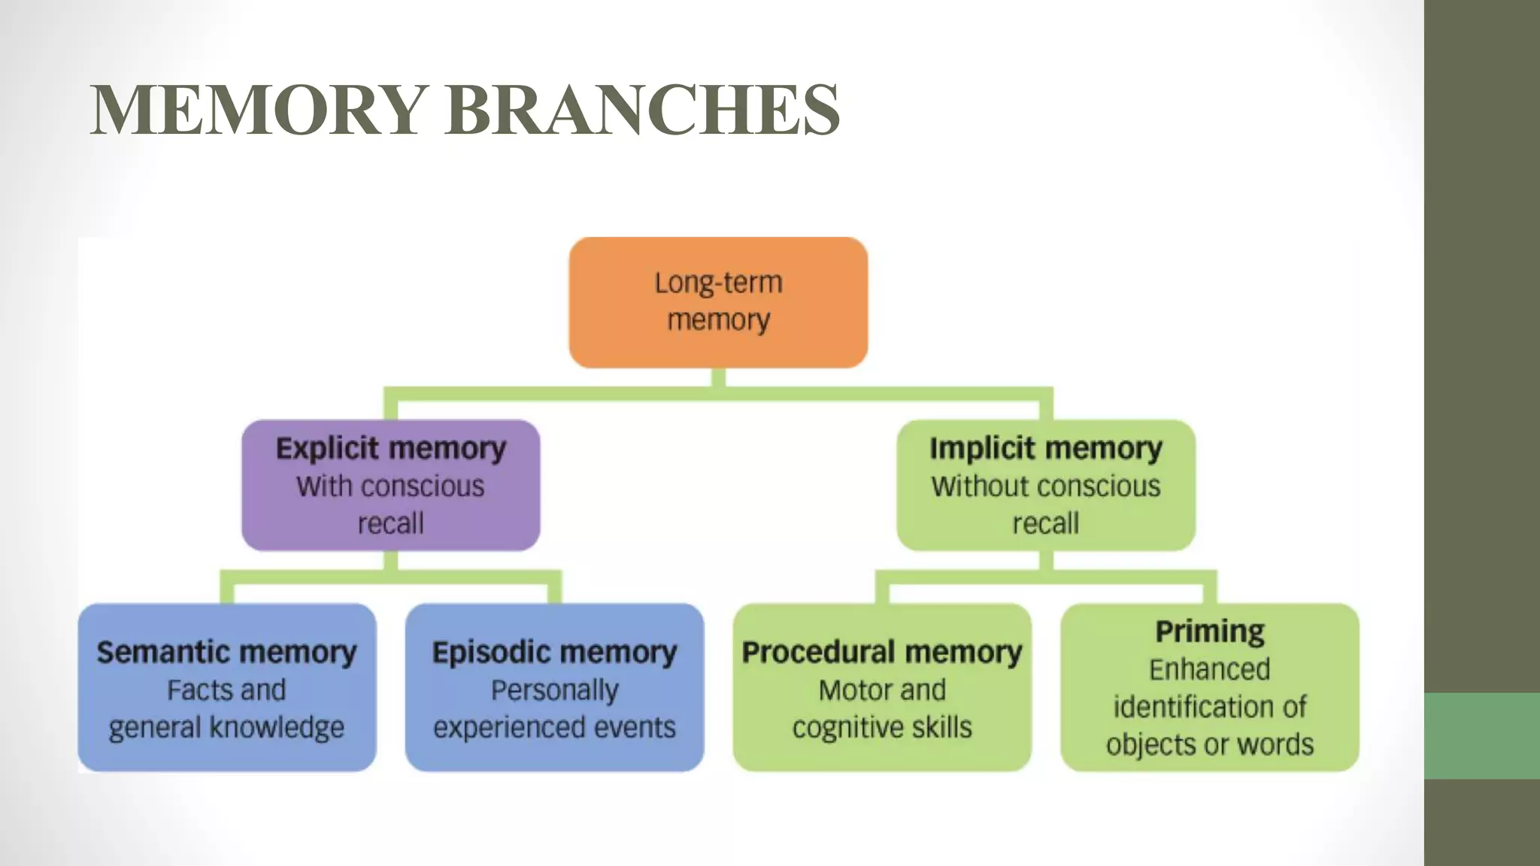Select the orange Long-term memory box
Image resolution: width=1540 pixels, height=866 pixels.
(718, 302)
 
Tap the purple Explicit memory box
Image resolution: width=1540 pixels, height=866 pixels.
(390, 486)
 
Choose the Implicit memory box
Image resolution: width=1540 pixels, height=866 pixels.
(1045, 486)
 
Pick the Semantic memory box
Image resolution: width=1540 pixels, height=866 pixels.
(226, 688)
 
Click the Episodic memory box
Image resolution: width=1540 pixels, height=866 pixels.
(554, 688)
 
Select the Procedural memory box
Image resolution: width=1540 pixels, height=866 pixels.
(881, 688)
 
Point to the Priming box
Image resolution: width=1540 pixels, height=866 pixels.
(1209, 688)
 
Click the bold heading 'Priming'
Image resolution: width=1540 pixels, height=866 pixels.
(1209, 631)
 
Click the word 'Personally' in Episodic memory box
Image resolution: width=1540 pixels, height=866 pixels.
(554, 690)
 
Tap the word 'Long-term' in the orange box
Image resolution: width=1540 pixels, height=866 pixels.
(718, 283)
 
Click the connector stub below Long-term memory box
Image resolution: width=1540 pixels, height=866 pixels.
(718, 378)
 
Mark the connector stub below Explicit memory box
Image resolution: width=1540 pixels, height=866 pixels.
(390, 561)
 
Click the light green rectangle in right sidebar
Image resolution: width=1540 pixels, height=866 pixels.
(1481, 735)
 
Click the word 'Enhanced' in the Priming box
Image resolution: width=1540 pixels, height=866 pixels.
(1209, 669)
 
